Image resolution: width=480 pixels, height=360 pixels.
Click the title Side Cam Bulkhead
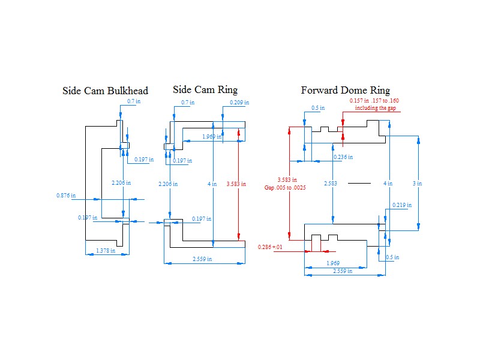tap(106, 91)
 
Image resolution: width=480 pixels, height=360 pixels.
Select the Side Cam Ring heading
tap(205, 89)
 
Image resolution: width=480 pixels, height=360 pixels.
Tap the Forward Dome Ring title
tap(346, 91)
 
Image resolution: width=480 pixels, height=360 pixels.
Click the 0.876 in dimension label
tap(66, 196)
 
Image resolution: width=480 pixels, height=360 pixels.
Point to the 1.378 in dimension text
tap(106, 250)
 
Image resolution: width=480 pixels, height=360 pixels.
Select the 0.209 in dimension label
tap(239, 102)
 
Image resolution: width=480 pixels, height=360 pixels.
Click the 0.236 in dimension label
tap(343, 157)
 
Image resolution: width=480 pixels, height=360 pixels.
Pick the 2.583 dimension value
tap(331, 184)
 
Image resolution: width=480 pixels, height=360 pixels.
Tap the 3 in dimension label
tap(417, 184)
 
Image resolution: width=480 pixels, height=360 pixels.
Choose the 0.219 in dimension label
tap(402, 205)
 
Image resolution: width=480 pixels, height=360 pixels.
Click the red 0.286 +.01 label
tap(270, 247)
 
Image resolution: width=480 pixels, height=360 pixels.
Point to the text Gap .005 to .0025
tap(285, 187)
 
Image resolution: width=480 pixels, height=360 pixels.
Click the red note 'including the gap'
tap(376, 108)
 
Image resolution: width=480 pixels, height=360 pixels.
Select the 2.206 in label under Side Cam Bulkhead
tap(121, 183)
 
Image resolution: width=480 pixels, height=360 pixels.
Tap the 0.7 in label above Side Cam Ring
tap(188, 102)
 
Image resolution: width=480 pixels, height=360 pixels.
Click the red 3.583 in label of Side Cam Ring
tap(236, 184)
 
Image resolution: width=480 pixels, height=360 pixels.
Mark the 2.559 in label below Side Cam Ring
tap(202, 259)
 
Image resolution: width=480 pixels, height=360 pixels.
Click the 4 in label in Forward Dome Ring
tap(388, 184)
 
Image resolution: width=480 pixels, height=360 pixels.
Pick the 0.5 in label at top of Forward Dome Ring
tap(318, 108)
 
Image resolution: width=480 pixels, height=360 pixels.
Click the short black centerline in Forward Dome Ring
tap(359, 184)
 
